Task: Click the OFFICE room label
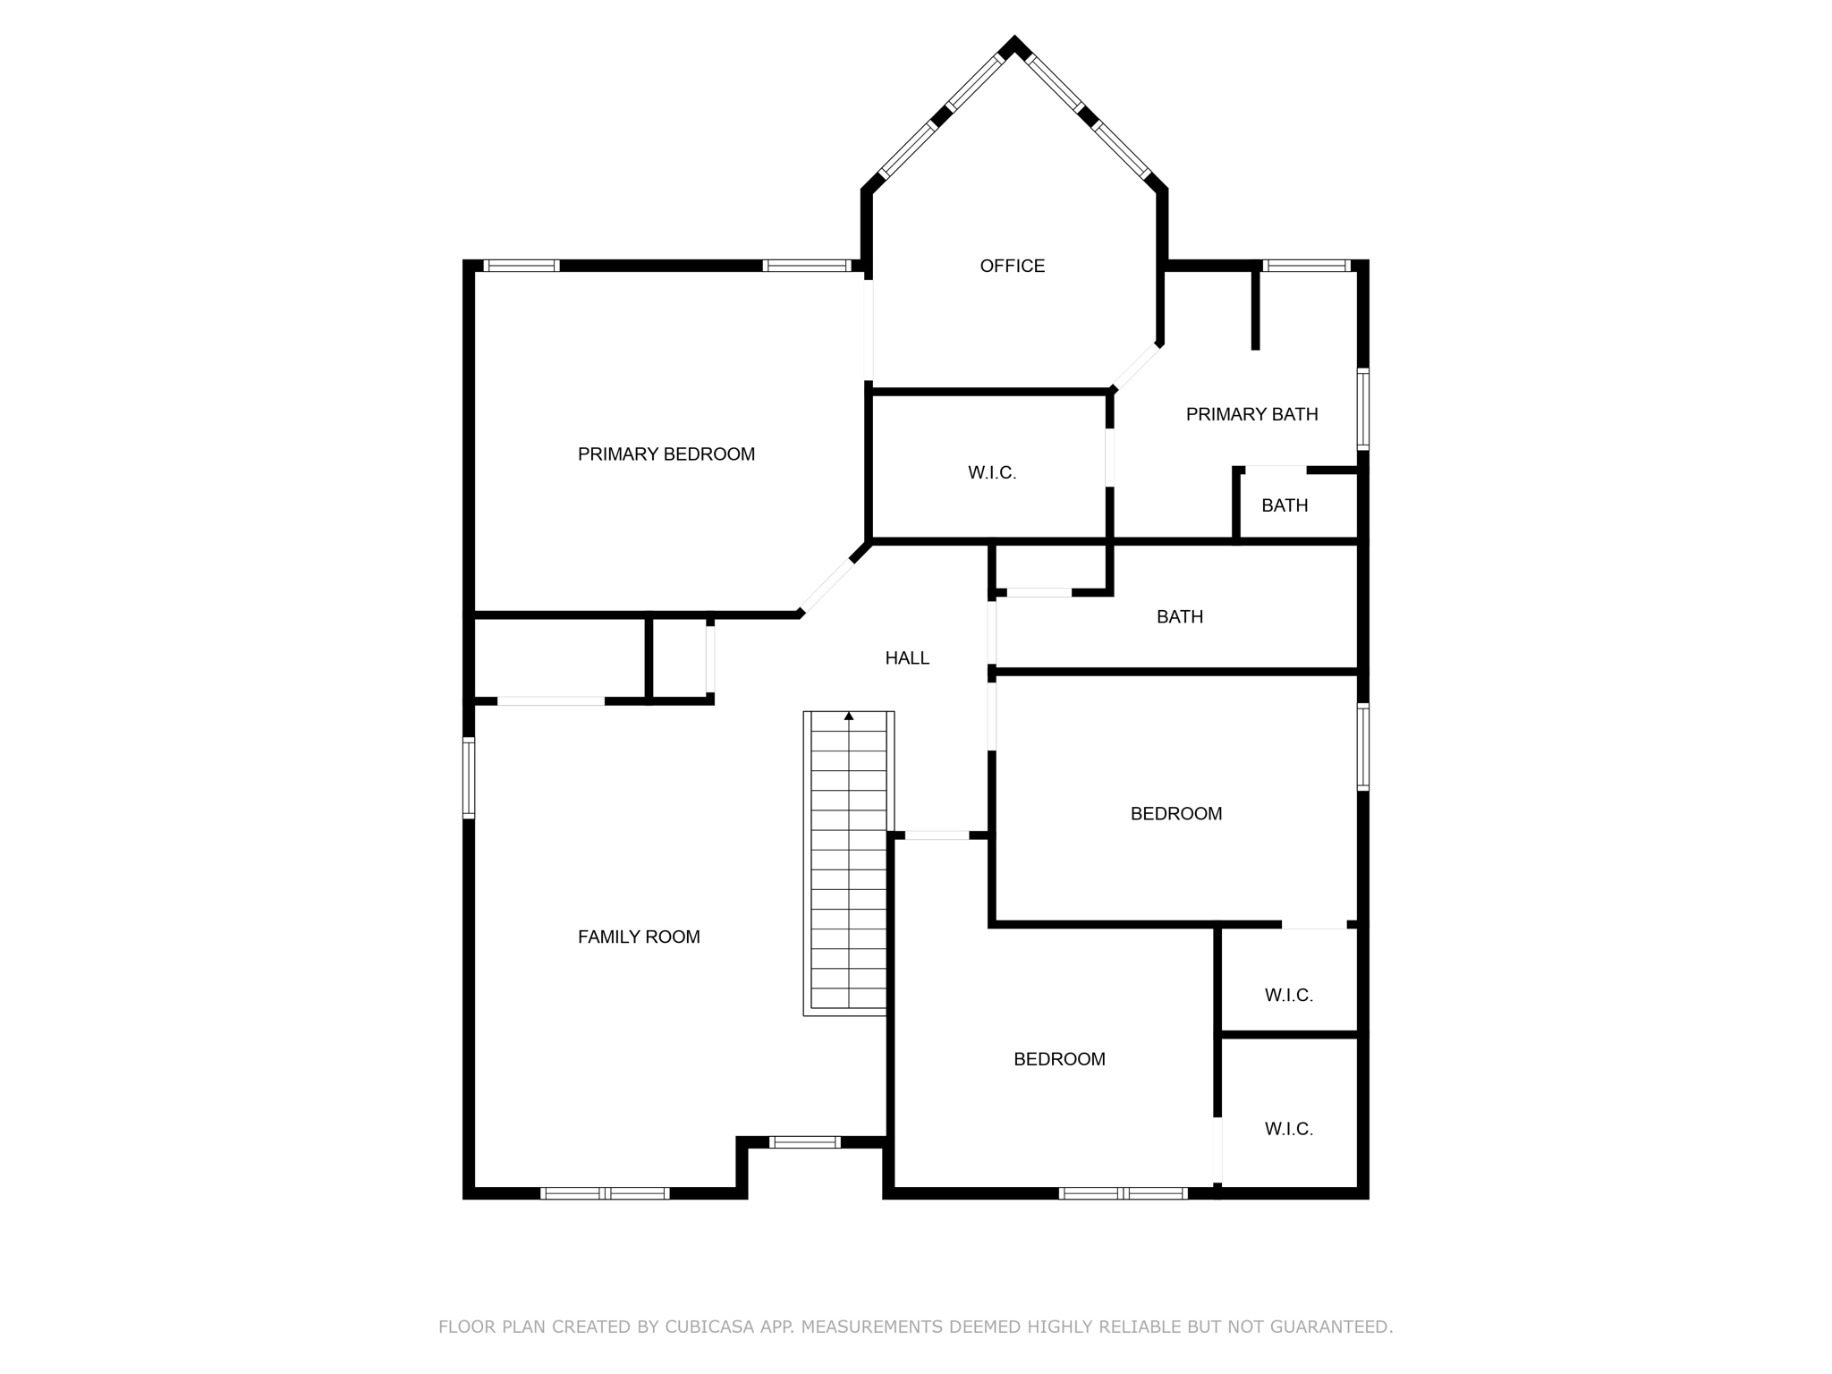pos(1012,266)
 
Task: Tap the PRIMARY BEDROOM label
pos(666,454)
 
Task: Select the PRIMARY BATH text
pos(1251,414)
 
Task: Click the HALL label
pos(907,658)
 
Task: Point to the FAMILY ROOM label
pos(639,937)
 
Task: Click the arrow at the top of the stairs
pos(849,716)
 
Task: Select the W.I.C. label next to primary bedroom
pos(992,473)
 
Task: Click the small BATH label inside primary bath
pos(1285,505)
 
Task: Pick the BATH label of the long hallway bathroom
pos(1179,616)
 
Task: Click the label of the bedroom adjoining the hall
pos(1175,813)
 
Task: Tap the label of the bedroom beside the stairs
pos(1059,1059)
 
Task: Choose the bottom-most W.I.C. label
pos(1288,1129)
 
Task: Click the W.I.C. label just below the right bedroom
pos(1288,995)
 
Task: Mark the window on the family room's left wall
pos(469,777)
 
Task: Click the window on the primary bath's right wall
pos(1362,409)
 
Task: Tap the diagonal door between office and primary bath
pos(1136,367)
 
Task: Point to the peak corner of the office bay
pos(1014,42)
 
